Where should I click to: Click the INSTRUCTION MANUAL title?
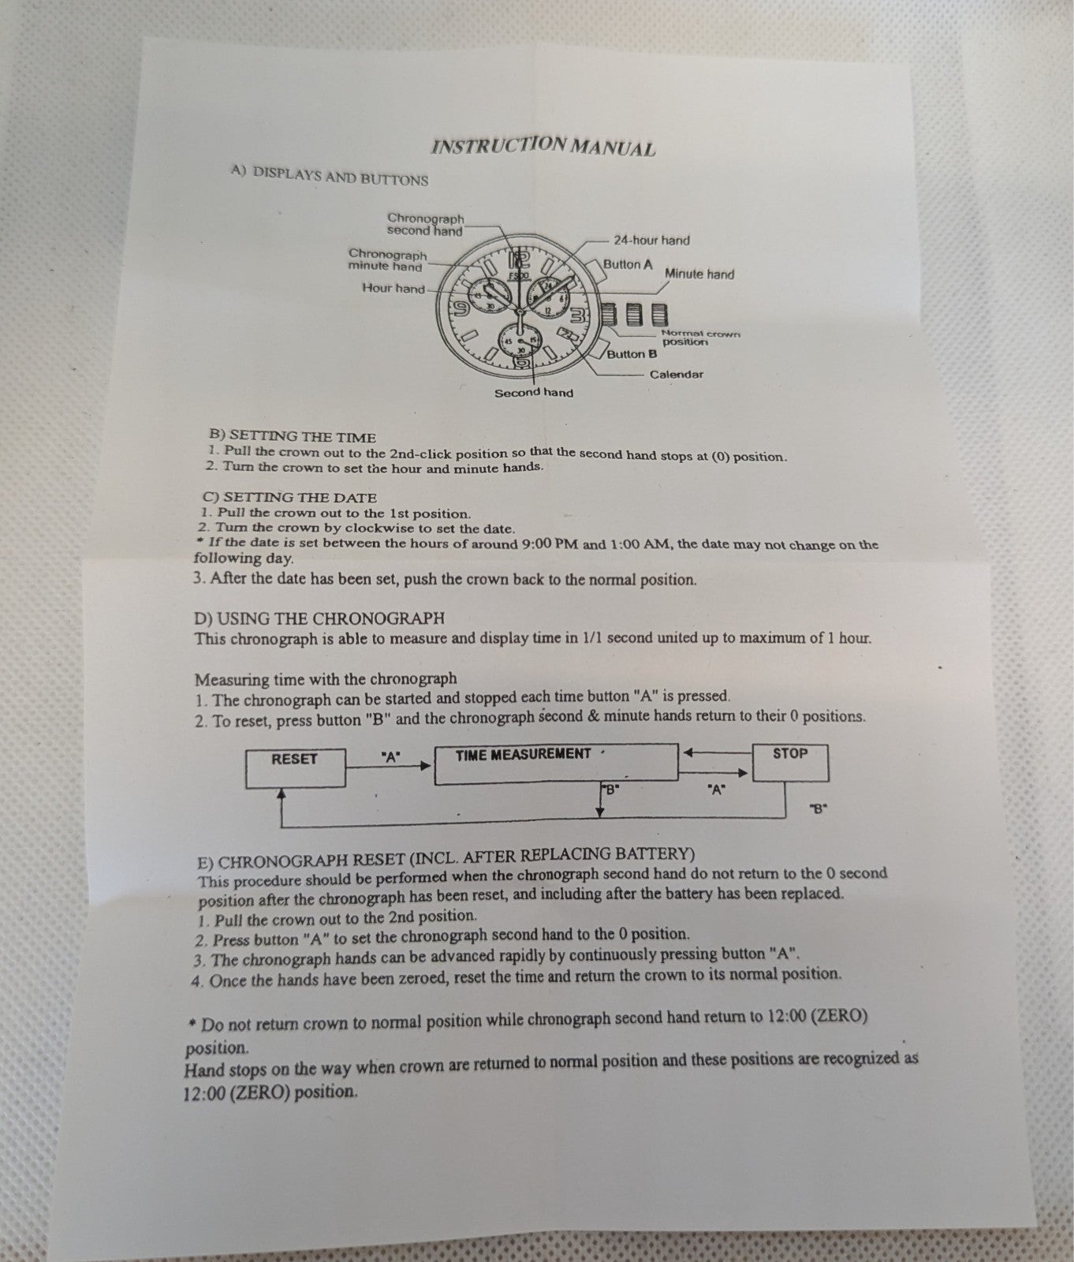click(543, 146)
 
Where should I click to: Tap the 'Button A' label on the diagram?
click(628, 264)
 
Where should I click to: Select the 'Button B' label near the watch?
click(632, 354)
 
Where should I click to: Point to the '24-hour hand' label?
click(651, 240)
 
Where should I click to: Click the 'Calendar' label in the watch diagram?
click(677, 374)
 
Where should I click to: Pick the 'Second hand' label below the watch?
click(534, 393)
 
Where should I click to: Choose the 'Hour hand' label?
click(393, 288)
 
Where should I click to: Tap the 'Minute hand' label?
click(699, 274)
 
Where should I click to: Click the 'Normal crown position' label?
click(701, 338)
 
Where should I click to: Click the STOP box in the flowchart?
click(790, 762)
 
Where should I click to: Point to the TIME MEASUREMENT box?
click(556, 764)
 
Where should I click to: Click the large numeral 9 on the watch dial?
click(458, 307)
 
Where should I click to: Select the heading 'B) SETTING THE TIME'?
click(293, 436)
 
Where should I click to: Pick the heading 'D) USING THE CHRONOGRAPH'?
click(319, 618)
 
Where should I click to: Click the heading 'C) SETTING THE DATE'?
click(289, 498)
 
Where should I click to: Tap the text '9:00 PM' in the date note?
click(550, 543)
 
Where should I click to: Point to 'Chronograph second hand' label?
click(425, 224)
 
